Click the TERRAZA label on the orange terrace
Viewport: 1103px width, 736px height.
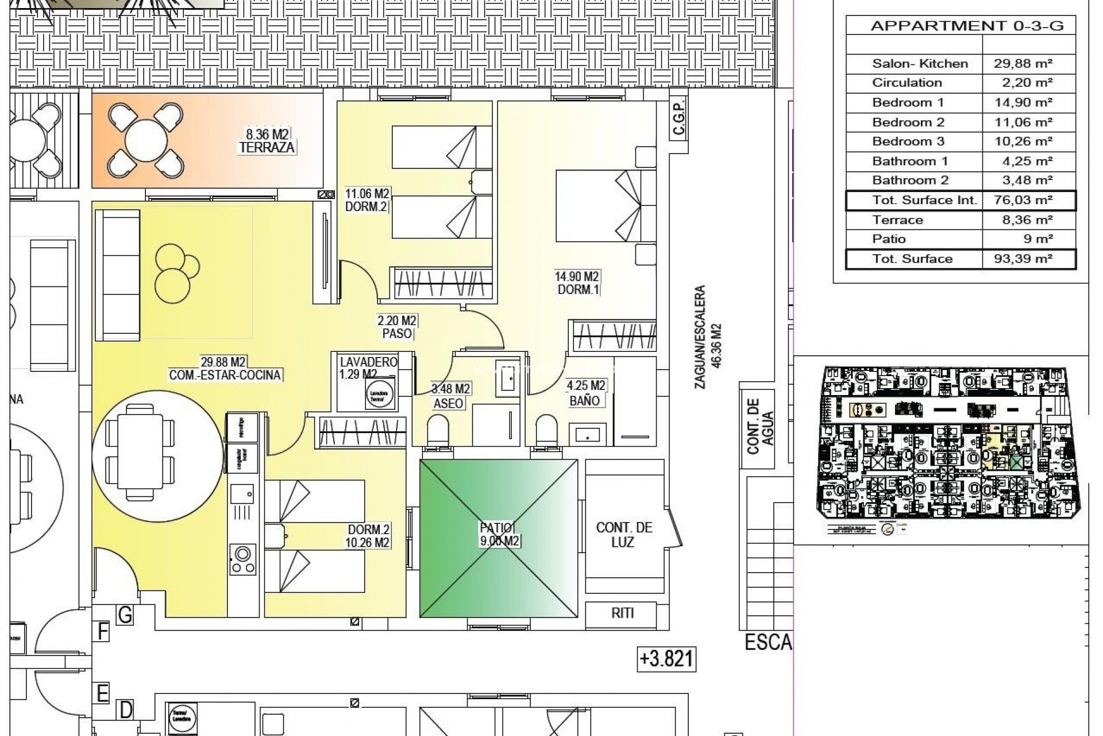pyautogui.click(x=267, y=147)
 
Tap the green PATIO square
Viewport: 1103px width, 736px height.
pyautogui.click(x=499, y=538)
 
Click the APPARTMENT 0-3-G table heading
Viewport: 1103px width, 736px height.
pyautogui.click(x=967, y=26)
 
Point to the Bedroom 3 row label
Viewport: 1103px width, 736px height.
pyautogui.click(x=908, y=141)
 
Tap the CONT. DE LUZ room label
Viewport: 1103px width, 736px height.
pyautogui.click(x=624, y=535)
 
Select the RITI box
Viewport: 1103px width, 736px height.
pyautogui.click(x=622, y=613)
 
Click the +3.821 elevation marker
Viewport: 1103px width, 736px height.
pyautogui.click(x=667, y=658)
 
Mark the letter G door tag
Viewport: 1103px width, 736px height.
pyautogui.click(x=125, y=615)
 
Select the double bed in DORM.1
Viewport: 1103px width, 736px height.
pyautogui.click(x=597, y=205)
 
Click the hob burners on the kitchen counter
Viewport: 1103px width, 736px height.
pyautogui.click(x=242, y=559)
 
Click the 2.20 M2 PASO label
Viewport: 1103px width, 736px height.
pyautogui.click(x=397, y=327)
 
